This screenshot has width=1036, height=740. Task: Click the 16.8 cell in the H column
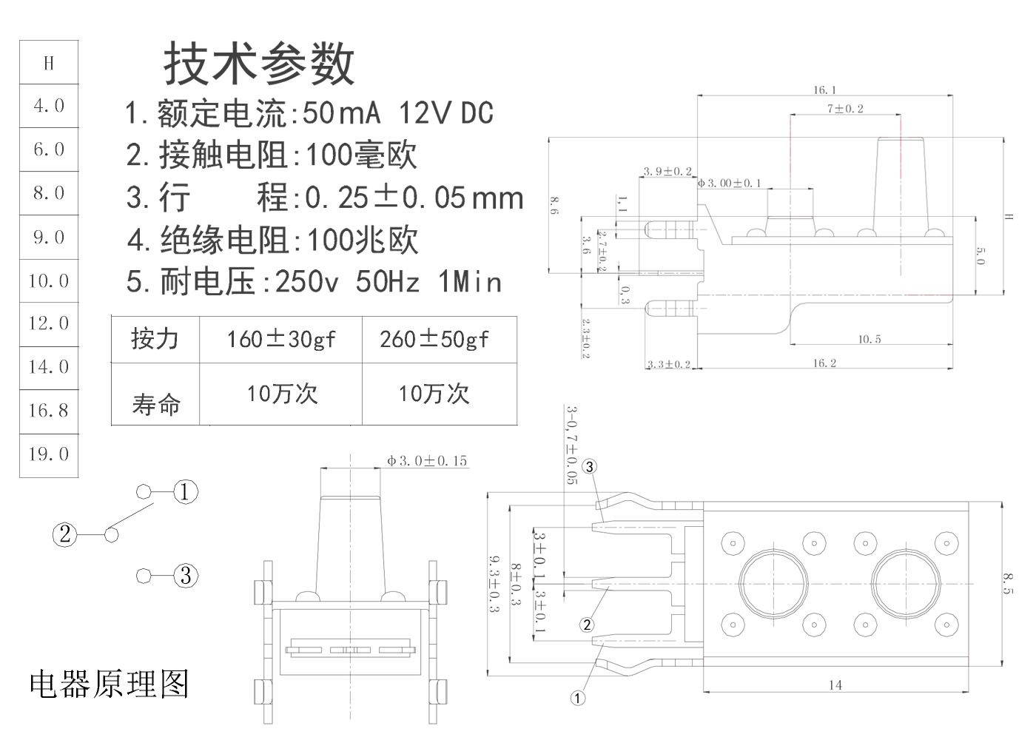point(49,410)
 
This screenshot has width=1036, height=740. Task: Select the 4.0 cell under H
point(49,106)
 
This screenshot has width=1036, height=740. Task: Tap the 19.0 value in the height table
point(49,454)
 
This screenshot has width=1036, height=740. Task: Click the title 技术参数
point(259,64)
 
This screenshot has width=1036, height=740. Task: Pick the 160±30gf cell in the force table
point(280,340)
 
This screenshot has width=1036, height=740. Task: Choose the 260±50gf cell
point(434,340)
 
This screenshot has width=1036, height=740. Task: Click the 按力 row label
point(155,339)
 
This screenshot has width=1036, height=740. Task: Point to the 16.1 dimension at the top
point(824,90)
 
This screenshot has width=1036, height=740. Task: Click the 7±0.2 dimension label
point(845,109)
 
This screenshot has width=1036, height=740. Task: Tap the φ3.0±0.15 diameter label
point(427,461)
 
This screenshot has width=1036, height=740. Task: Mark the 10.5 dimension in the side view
point(869,339)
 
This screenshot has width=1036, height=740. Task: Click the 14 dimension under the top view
point(835,685)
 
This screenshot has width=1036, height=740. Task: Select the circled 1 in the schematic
point(186,491)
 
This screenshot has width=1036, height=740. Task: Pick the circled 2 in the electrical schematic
point(64,534)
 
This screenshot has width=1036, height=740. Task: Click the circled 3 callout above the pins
point(589,466)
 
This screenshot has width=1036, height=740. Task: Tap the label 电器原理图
point(110,684)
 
